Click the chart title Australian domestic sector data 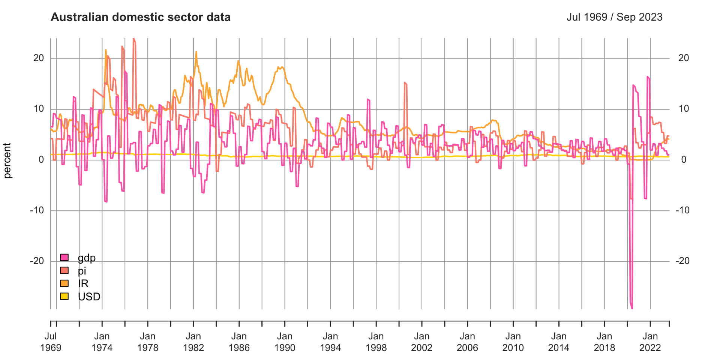click(x=141, y=17)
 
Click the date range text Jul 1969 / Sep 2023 click(x=614, y=17)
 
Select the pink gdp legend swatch click(x=64, y=258)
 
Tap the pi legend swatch click(x=64, y=270)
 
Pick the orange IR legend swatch click(x=64, y=283)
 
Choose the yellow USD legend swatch click(x=64, y=296)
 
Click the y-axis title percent click(x=7, y=160)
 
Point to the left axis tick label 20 click(x=39, y=58)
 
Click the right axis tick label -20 click(x=682, y=261)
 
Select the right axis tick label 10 click(x=684, y=109)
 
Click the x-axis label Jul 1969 click(x=51, y=342)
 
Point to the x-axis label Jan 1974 click(x=102, y=342)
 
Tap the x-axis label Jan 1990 click(x=285, y=342)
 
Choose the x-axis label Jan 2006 click(x=467, y=342)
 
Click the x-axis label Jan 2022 click(x=650, y=342)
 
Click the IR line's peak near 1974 click(x=106, y=50)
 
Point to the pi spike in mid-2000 click(x=405, y=83)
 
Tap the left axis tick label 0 click(x=42, y=159)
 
